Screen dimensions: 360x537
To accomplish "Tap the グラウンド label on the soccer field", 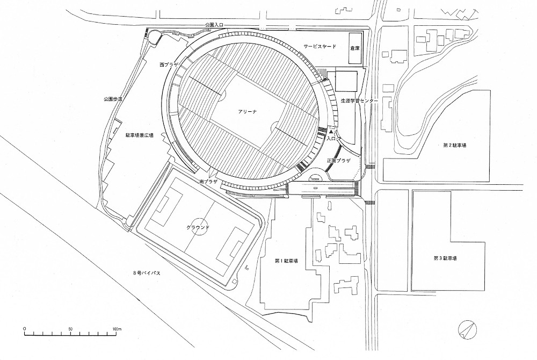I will [197, 228].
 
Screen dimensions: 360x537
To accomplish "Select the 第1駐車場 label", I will [286, 261].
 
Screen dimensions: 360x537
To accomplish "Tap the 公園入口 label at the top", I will [216, 25].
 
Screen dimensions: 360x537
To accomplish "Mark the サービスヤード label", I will [320, 47].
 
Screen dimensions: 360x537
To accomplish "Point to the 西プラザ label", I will [169, 64].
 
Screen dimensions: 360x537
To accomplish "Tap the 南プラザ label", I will [208, 182].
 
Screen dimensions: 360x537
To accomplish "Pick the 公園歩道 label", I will [113, 99].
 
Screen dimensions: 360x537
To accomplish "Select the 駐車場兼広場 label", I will [136, 135].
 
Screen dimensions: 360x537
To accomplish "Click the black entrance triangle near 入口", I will [331, 131].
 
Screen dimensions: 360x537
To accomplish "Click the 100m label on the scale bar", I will [116, 328].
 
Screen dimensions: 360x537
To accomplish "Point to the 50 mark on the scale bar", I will [70, 328].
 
